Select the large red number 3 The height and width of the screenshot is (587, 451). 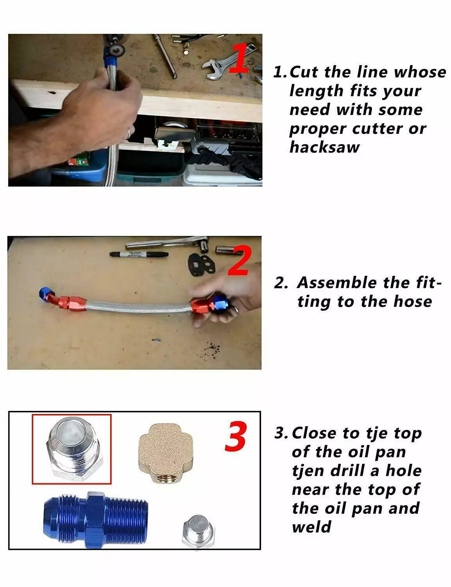236,437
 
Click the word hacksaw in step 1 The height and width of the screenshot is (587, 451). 324,148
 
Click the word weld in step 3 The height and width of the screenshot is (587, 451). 311,527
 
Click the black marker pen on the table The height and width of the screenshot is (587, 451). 139,254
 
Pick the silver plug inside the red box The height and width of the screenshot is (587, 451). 72,449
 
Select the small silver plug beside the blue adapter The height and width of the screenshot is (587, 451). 199,531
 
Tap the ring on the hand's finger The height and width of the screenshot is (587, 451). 129,134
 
